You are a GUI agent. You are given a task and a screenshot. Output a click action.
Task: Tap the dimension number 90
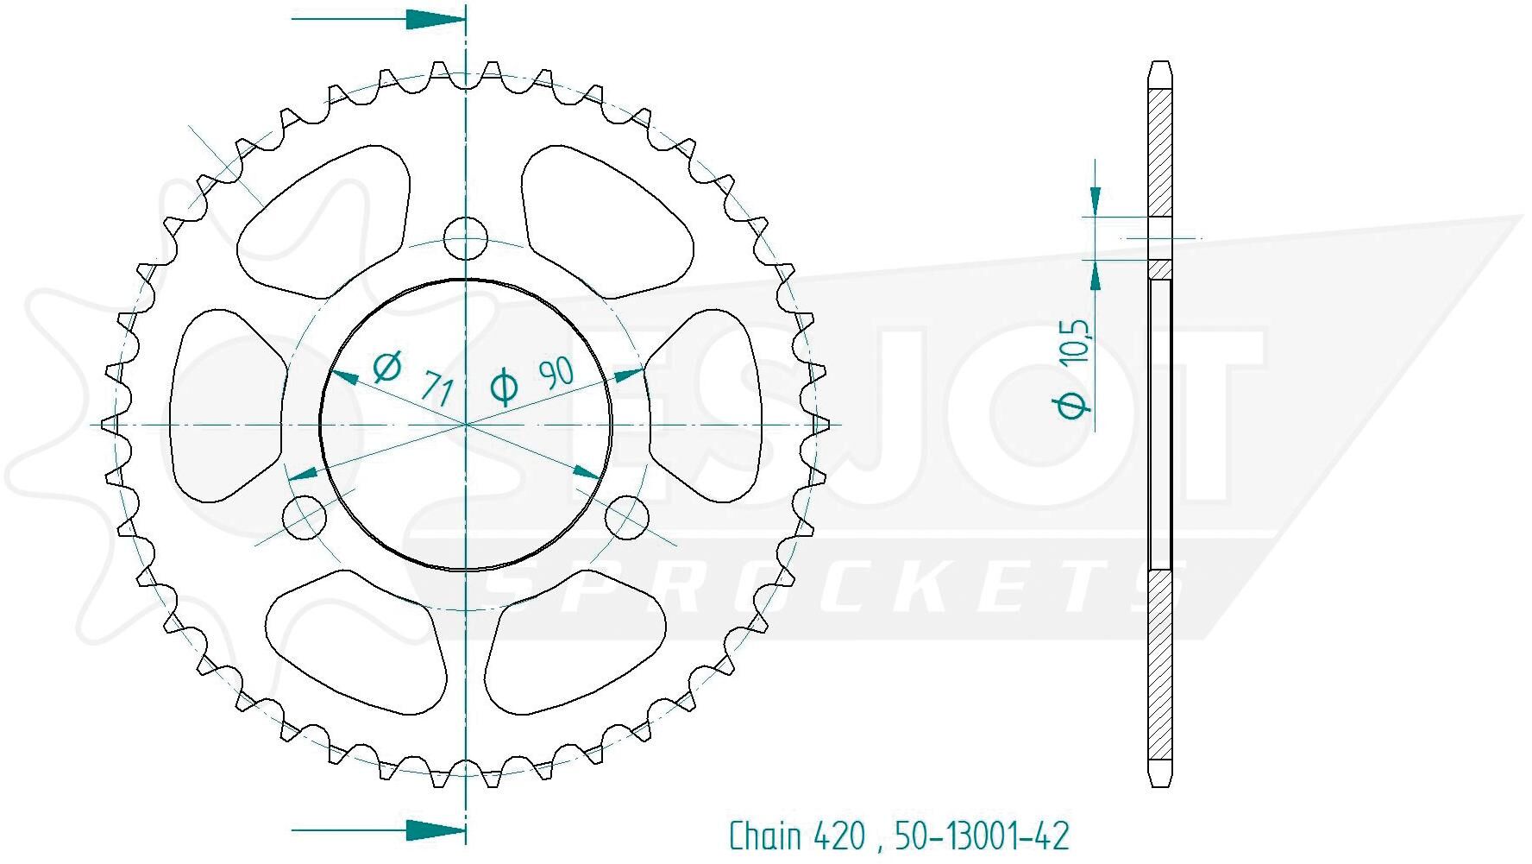[556, 372]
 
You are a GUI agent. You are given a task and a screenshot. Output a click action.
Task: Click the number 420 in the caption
[838, 836]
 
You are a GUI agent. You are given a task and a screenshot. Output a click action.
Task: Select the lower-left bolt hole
[305, 517]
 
